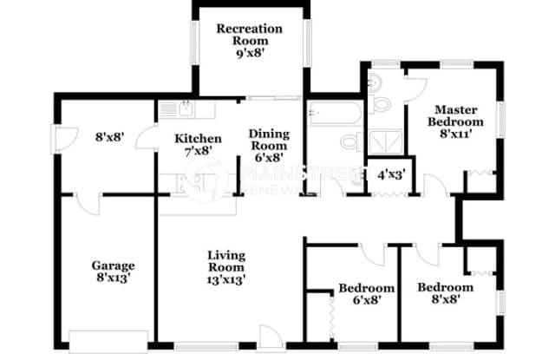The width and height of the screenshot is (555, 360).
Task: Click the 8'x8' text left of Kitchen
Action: pos(112,135)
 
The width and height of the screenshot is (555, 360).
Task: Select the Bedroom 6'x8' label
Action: pos(366,294)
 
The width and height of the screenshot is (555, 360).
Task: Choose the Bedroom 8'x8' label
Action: pos(445,293)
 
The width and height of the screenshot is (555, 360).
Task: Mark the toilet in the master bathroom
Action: pos(372,84)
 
